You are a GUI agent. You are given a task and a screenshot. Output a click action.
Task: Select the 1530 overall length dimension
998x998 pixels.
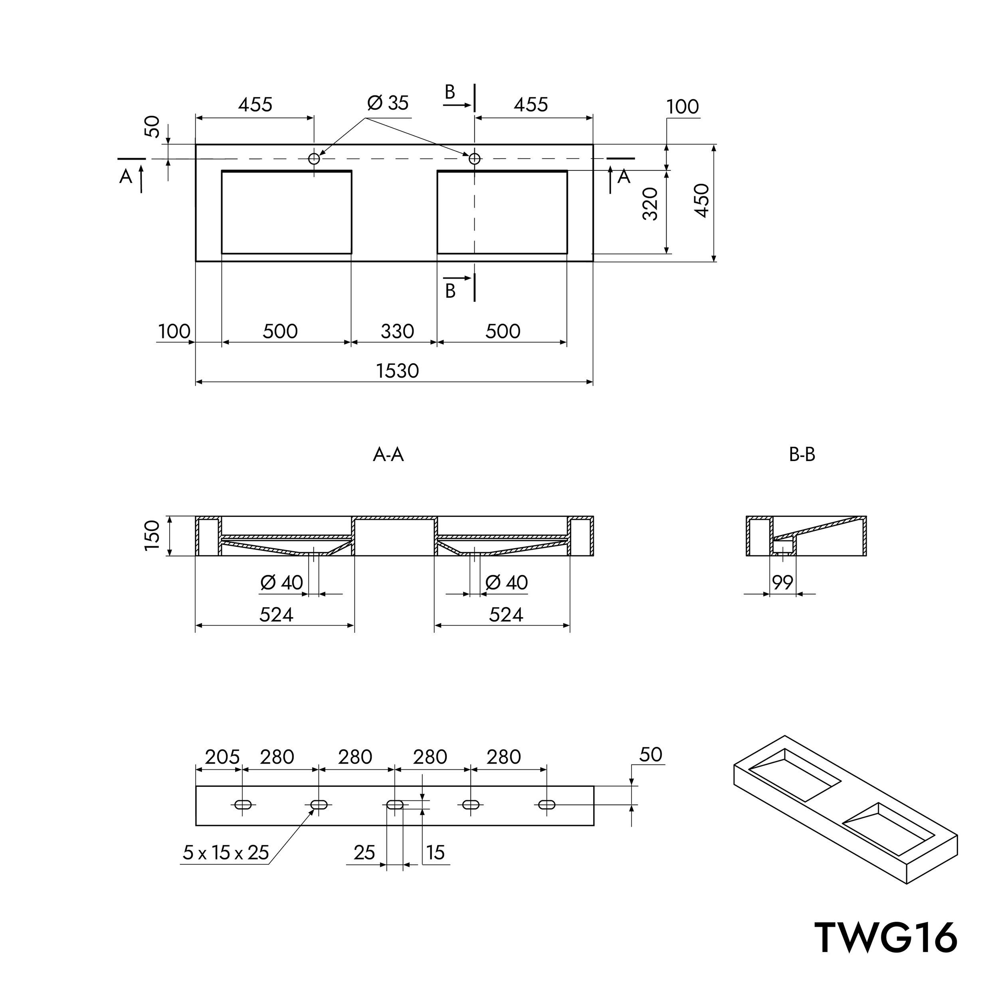click(x=397, y=371)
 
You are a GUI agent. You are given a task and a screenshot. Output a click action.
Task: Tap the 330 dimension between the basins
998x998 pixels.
click(x=397, y=331)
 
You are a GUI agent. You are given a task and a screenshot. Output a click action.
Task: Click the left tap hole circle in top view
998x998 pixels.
click(x=313, y=158)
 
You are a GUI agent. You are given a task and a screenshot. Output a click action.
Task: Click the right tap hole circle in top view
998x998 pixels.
click(x=474, y=158)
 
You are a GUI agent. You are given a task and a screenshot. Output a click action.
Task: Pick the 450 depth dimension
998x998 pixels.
click(x=701, y=200)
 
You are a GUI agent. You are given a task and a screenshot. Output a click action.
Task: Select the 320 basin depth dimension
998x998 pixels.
click(x=650, y=204)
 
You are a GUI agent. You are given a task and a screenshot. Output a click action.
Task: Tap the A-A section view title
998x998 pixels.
click(x=388, y=455)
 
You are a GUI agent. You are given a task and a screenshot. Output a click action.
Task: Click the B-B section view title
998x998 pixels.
click(x=802, y=455)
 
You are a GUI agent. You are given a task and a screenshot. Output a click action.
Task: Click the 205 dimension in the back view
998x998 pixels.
click(x=222, y=757)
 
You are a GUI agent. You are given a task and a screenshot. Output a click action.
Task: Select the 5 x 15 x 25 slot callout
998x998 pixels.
click(x=226, y=853)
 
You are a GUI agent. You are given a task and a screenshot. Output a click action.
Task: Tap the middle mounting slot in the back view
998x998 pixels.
click(x=395, y=804)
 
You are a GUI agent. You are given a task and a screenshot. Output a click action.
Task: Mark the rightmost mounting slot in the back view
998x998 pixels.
click(x=547, y=804)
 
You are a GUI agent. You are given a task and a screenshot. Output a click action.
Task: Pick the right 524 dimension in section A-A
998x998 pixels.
click(x=506, y=615)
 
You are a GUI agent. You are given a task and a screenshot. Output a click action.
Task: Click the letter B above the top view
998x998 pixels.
click(x=450, y=93)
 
